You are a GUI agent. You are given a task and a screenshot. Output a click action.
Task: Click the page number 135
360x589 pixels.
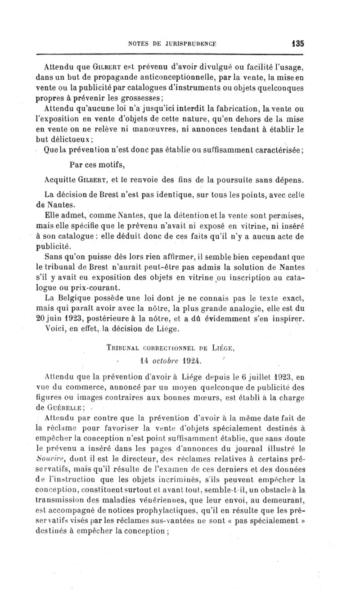297,44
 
